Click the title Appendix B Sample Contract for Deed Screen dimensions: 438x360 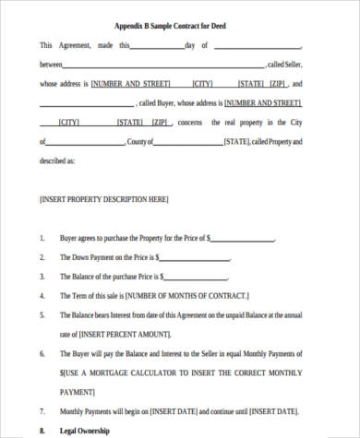[179, 26]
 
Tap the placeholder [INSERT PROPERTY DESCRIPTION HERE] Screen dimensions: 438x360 [103, 198]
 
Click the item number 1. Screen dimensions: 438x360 [42, 237]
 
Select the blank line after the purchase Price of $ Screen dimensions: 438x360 [243, 239]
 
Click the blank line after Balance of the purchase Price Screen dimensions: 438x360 [198, 278]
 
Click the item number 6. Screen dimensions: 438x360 [42, 353]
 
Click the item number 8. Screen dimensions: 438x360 [42, 430]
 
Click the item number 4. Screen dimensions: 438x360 [42, 296]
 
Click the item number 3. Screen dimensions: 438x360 [42, 277]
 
